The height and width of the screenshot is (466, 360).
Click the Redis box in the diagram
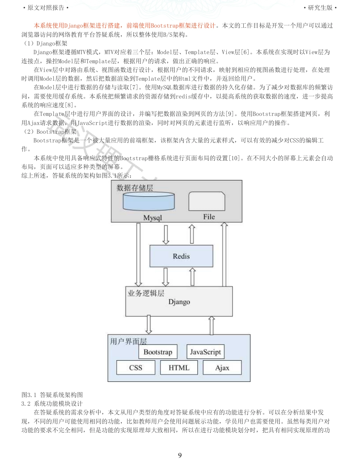pyautogui.click(x=181, y=256)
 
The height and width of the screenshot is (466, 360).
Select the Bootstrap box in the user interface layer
pyautogui.click(x=158, y=352)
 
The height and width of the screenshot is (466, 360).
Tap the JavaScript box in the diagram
pyautogui.click(x=205, y=352)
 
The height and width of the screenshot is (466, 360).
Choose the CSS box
pyautogui.click(x=136, y=367)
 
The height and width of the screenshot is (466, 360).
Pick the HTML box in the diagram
pyautogui.click(x=179, y=367)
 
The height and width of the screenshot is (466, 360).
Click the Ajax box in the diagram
pyautogui.click(x=222, y=367)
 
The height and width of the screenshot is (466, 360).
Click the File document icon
pyautogui.click(x=207, y=201)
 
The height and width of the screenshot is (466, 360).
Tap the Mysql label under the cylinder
pyautogui.click(x=152, y=218)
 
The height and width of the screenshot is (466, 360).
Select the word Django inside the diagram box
pyautogui.click(x=179, y=302)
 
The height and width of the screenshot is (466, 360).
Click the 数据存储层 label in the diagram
pyautogui.click(x=135, y=188)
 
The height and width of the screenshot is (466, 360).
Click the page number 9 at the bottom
pyautogui.click(x=180, y=455)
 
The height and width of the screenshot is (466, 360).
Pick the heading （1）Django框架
pyautogui.click(x=45, y=44)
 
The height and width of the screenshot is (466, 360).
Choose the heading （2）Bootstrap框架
pyautogui.click(x=50, y=131)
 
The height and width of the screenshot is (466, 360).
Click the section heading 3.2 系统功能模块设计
pyautogui.click(x=52, y=403)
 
